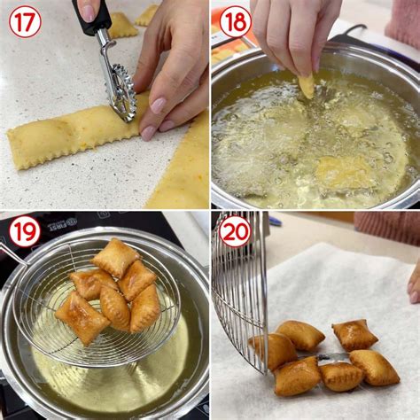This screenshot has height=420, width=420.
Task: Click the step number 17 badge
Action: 24,21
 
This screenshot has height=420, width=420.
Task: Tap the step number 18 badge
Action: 235,21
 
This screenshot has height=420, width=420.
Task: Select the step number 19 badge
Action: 24,232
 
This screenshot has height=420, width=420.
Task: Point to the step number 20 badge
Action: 235,232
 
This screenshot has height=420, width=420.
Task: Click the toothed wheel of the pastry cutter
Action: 121,92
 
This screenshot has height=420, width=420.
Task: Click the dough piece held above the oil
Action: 306,86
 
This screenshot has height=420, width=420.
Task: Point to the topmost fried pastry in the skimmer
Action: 115,257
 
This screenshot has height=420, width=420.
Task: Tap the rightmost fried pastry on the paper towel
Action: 375,367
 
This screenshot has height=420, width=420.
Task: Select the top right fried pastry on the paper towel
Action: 354,334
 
